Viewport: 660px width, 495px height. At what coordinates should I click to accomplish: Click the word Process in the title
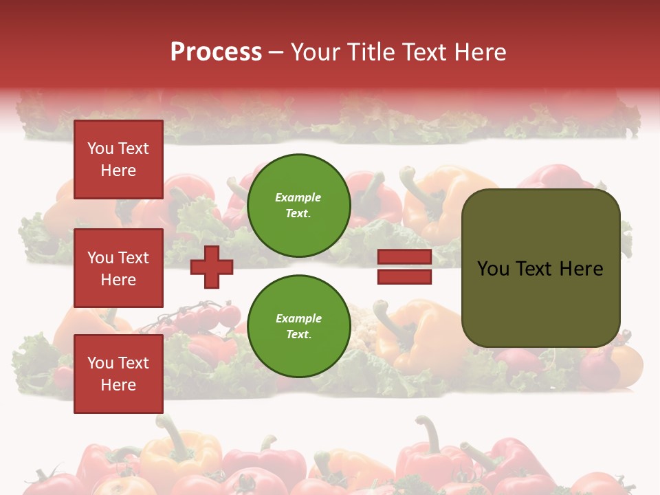216,52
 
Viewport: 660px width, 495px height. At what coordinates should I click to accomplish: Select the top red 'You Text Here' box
118,159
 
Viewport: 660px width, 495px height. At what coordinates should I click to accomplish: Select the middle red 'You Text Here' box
118,268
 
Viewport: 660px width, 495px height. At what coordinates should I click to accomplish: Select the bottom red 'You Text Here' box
118,374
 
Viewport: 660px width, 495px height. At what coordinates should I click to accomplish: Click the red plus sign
212,267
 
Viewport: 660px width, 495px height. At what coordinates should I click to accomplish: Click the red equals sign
404,267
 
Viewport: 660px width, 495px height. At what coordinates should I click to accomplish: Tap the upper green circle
298,206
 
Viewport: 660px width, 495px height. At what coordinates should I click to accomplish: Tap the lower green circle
298,327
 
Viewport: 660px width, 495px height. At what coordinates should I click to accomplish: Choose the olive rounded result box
540,268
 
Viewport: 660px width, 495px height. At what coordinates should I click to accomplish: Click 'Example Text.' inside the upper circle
298,206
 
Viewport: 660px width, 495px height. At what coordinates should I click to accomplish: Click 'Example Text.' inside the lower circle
298,327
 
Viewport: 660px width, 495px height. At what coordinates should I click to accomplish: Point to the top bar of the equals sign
404,257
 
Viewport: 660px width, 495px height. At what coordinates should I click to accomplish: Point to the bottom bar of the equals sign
404,276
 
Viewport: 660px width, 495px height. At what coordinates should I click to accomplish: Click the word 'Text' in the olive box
534,269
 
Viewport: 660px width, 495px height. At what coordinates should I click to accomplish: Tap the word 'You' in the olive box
493,269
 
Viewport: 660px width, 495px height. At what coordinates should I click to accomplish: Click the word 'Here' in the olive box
581,269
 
